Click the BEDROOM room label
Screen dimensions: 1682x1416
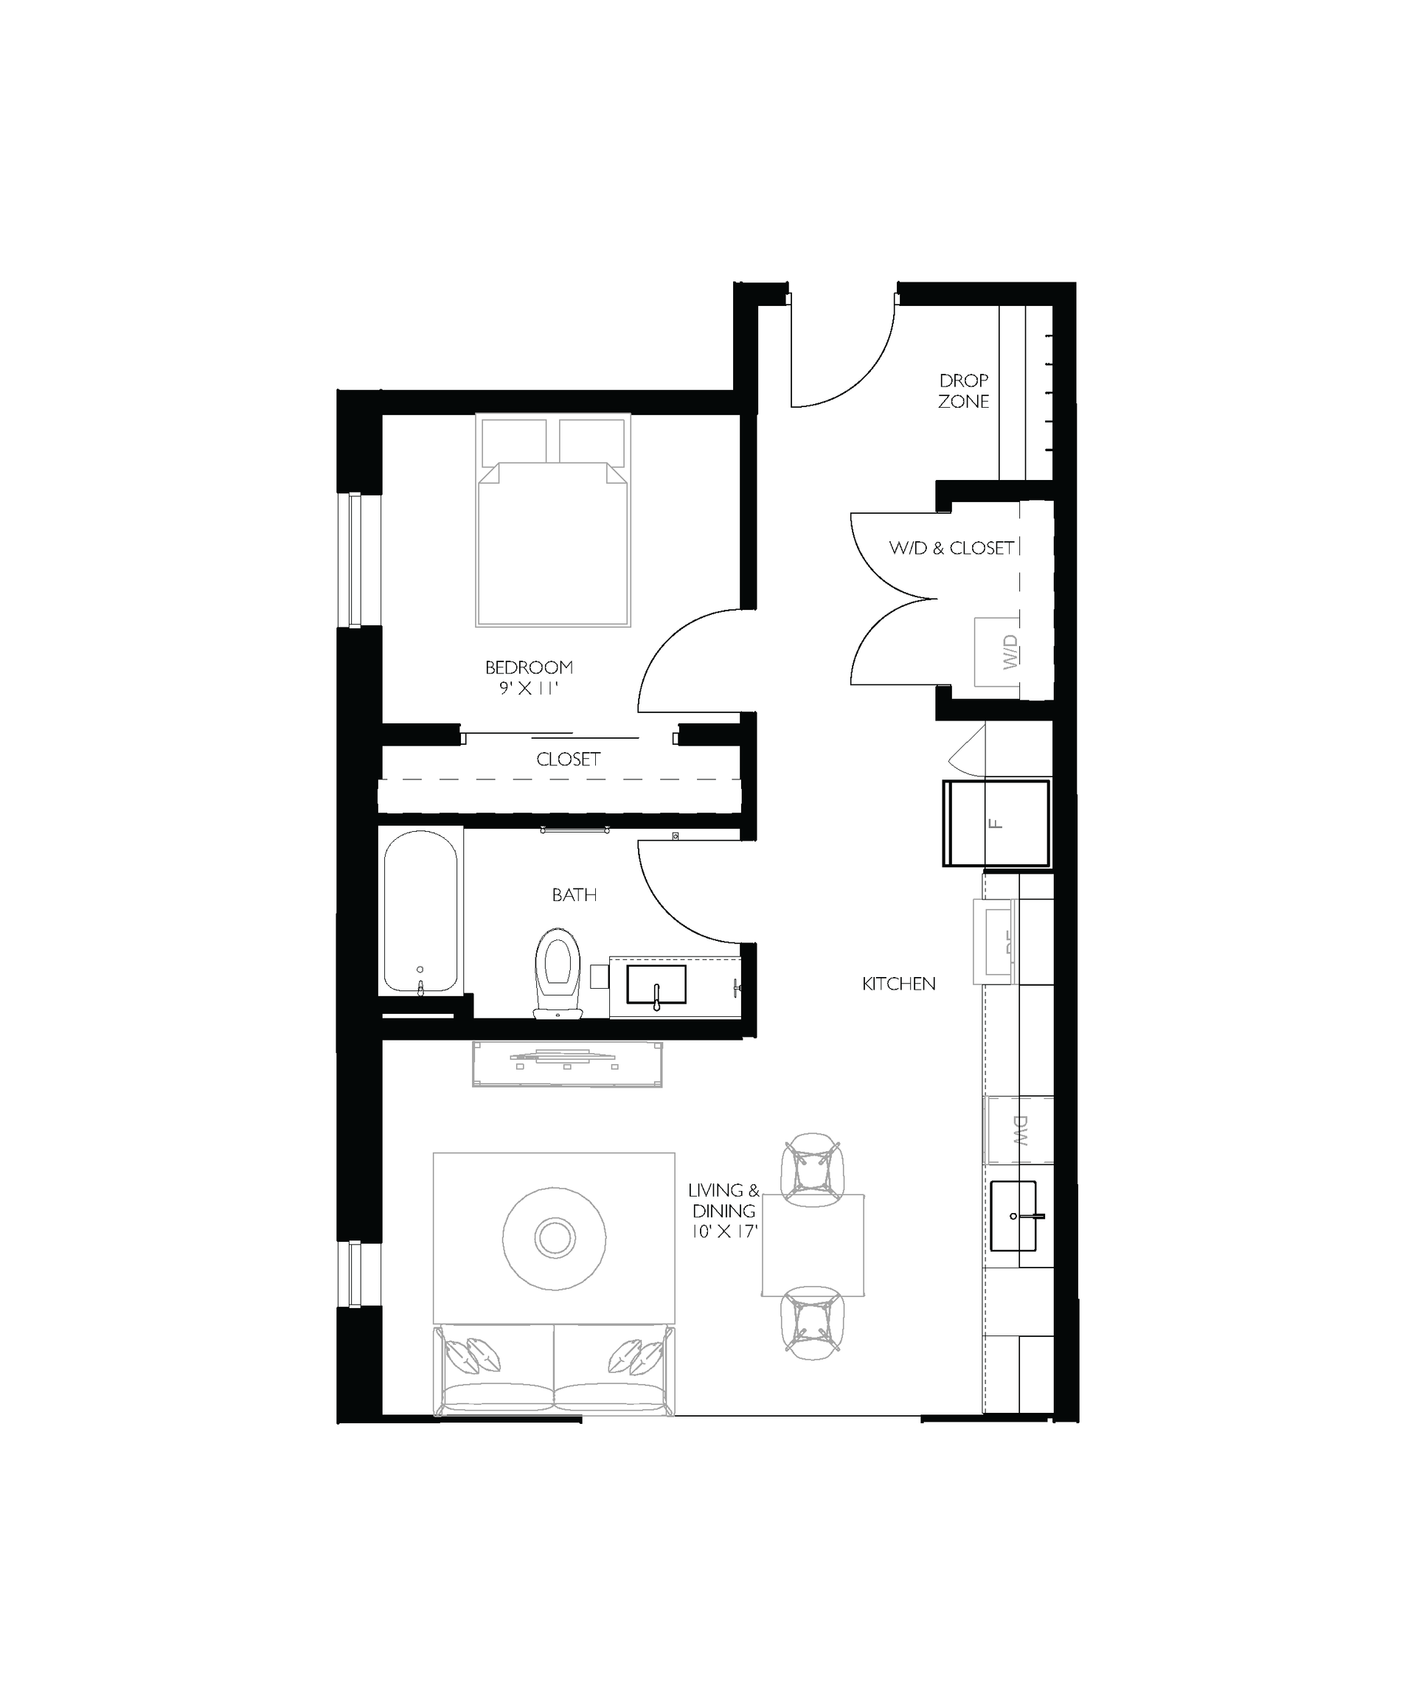[528, 667]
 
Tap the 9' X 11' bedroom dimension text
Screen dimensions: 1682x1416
[528, 689]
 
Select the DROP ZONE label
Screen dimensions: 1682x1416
[963, 391]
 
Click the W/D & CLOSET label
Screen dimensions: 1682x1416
[951, 548]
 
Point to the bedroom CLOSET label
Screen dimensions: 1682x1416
[569, 759]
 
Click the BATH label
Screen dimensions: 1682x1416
[574, 894]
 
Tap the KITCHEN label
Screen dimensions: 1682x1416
[898, 984]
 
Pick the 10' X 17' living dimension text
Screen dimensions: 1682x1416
[724, 1231]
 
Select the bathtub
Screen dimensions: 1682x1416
[420, 911]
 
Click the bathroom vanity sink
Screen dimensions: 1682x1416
[656, 984]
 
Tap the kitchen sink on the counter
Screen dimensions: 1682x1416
[1013, 1216]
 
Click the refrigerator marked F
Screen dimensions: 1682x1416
[996, 822]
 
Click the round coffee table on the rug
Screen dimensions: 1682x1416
[554, 1237]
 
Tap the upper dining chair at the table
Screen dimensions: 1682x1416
[813, 1170]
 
